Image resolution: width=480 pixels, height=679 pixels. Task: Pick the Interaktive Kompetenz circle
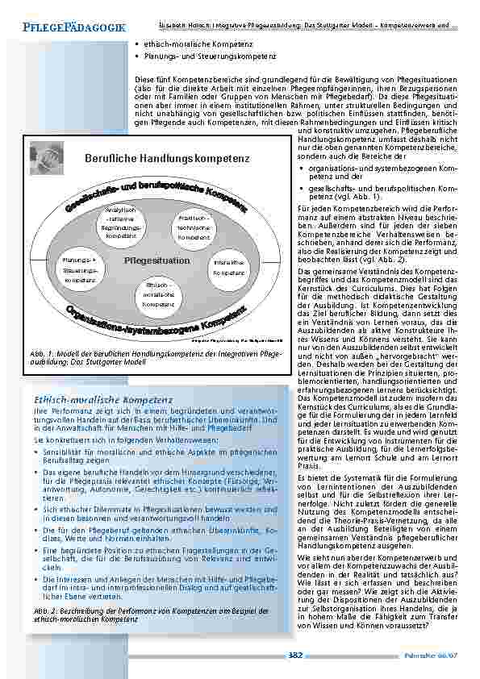(231, 268)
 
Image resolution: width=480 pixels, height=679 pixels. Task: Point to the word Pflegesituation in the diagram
(157, 260)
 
